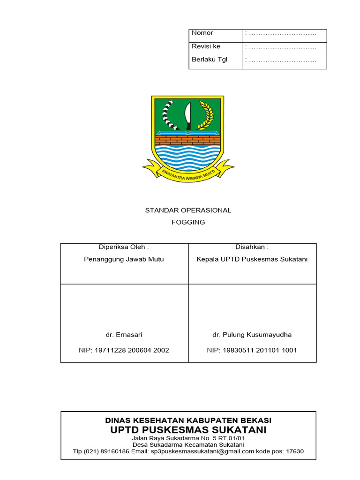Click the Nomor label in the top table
click(202, 33)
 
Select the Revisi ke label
click(206, 46)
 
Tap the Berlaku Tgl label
click(209, 60)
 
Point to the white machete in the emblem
click(187, 116)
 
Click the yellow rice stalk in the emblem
click(206, 115)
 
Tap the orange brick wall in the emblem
click(187, 140)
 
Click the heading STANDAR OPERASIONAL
click(188, 210)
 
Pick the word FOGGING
click(188, 222)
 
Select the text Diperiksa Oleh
click(124, 247)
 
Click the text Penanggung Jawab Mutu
click(124, 259)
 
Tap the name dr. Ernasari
click(124, 335)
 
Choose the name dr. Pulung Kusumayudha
click(252, 335)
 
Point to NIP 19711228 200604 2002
click(124, 350)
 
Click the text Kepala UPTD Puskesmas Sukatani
click(252, 259)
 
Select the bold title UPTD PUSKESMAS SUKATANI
click(188, 430)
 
